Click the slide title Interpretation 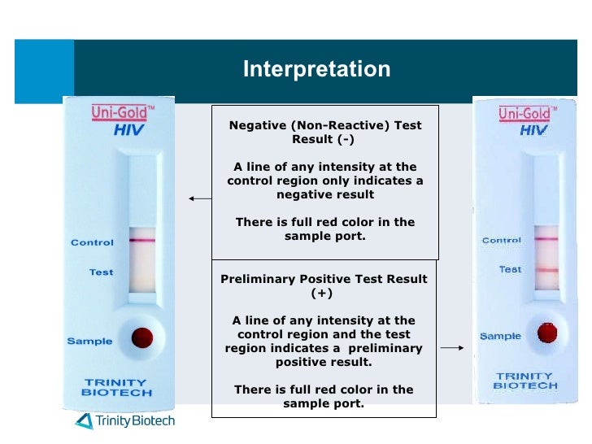(316, 69)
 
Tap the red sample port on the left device (142, 336)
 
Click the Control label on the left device (92, 242)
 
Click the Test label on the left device (101, 272)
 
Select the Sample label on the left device (89, 341)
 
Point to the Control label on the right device (502, 240)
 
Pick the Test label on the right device (510, 269)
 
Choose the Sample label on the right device (500, 336)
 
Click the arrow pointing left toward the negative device (198, 198)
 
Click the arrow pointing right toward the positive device (452, 348)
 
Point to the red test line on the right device (546, 270)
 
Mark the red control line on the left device (142, 242)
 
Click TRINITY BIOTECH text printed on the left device (116, 387)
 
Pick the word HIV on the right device (533, 130)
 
